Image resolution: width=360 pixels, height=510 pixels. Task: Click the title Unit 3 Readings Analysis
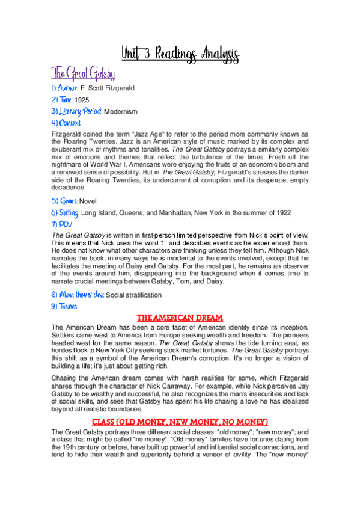coord(180,55)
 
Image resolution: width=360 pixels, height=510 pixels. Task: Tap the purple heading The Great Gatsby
coord(83,74)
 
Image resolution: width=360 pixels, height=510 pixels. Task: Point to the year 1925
coord(82,100)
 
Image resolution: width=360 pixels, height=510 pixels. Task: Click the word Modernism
coord(121,112)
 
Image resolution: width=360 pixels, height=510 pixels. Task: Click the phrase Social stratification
coord(133,295)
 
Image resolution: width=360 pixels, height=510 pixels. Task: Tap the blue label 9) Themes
coord(65,306)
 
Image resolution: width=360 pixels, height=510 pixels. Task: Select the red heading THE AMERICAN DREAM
coord(180,317)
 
